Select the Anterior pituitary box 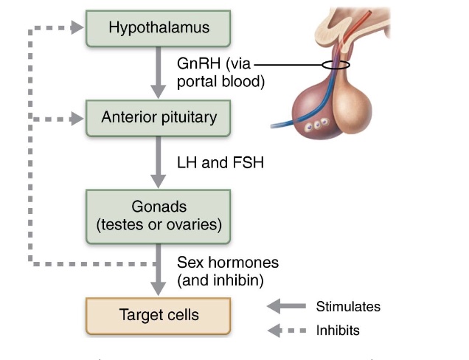[x=159, y=117]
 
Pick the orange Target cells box [x=159, y=315]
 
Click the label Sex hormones [x=228, y=263]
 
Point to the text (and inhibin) [x=220, y=280]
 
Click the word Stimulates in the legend [x=348, y=306]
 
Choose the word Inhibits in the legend [x=338, y=330]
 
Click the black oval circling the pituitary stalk [x=335, y=65]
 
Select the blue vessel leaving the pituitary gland [x=291, y=118]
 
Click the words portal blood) [x=220, y=81]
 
